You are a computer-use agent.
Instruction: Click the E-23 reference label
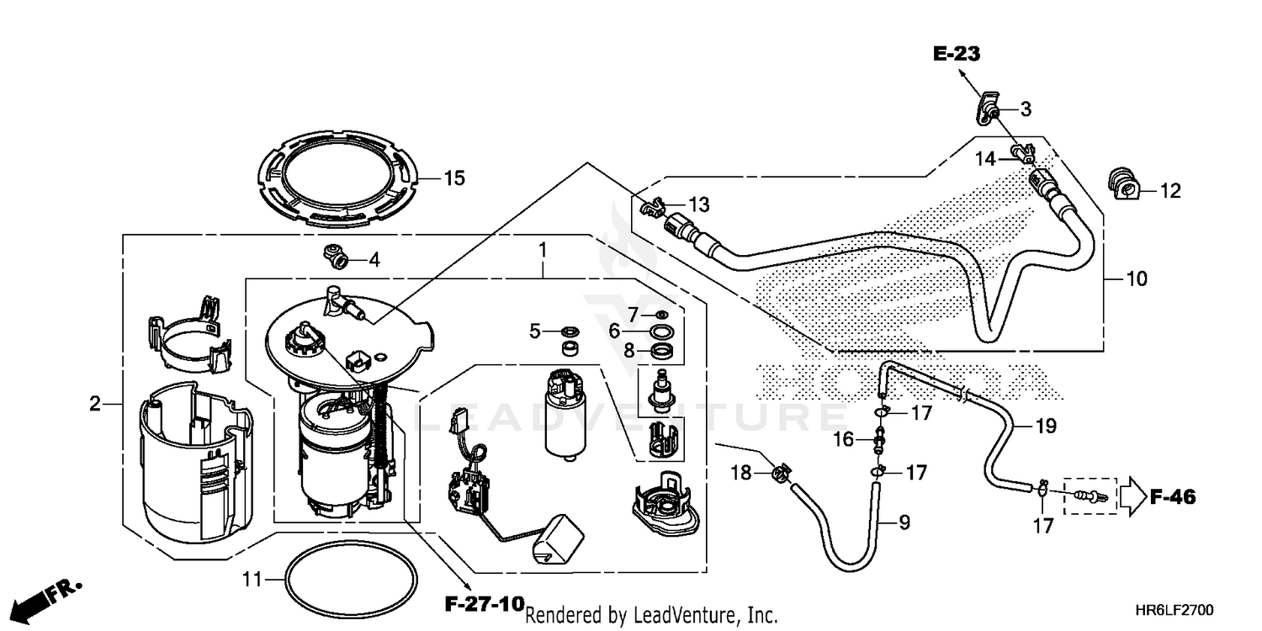coord(957,55)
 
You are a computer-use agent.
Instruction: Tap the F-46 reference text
coord(1172,496)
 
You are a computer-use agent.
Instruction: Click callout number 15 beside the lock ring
coord(454,178)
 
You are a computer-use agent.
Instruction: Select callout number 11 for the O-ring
coord(252,579)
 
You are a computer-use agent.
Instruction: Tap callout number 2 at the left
coord(95,405)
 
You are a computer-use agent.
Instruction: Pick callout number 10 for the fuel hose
coord(1137,278)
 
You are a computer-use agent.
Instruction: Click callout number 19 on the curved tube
coord(1045,427)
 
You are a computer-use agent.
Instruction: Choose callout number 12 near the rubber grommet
coord(1170,192)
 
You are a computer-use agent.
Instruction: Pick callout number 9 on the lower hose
coord(904,522)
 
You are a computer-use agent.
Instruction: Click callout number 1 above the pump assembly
coord(544,250)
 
